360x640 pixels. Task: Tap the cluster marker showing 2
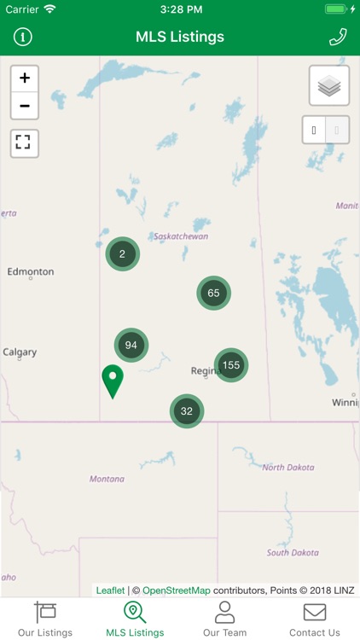123,253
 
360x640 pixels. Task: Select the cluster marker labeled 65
213,293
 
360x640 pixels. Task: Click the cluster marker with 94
131,345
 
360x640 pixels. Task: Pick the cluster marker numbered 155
230,365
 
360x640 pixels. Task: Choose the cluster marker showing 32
187,410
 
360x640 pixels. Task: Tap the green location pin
113,381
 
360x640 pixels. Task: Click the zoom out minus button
25,106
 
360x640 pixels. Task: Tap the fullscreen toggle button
25,143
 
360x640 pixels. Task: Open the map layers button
329,85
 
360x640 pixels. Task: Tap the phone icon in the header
338,37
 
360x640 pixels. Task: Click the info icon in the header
22,37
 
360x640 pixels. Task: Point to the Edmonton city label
31,271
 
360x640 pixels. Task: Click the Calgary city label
20,352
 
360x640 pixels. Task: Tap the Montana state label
107,479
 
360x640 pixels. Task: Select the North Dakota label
288,467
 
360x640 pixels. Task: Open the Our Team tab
224,619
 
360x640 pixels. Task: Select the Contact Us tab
315,619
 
